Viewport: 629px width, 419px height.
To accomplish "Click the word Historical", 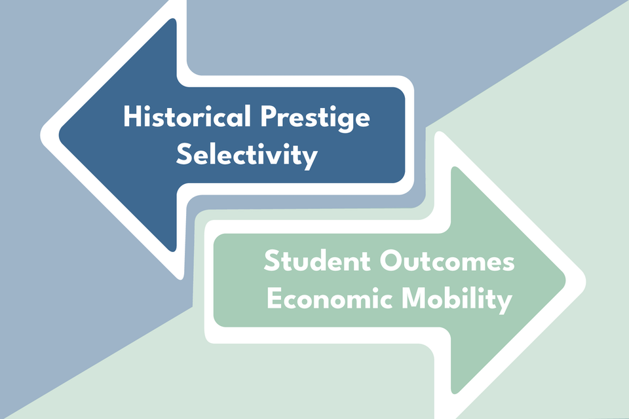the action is [187, 117].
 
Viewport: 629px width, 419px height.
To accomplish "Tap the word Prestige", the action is [315, 118].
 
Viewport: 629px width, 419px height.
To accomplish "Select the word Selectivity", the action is [247, 155].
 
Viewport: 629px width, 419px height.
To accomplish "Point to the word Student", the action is [317, 261].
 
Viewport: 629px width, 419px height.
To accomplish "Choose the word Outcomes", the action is [448, 261].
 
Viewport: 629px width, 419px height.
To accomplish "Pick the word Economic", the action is [330, 298].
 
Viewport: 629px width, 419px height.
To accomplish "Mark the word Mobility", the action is [457, 299].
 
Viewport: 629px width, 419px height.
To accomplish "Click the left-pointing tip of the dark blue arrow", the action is [60, 134].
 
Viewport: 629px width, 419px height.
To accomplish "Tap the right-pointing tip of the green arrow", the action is [565, 280].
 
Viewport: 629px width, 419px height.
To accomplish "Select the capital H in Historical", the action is [132, 117].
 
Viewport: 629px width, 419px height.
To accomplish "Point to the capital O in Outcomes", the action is [391, 261].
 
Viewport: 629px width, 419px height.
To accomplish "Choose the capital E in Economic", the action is [275, 298].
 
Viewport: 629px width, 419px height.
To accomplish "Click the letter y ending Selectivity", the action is [311, 160].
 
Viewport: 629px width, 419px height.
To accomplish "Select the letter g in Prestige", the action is [345, 122].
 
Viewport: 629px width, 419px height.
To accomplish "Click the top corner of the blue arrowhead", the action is [172, 19].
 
